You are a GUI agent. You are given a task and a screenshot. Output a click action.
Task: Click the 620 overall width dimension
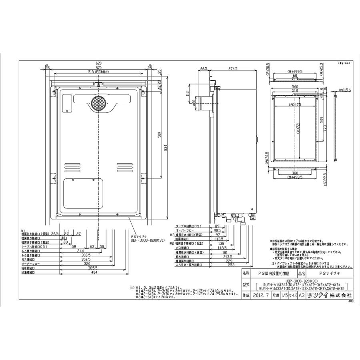click(99, 63)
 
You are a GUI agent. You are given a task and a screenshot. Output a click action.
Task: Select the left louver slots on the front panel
click(73, 166)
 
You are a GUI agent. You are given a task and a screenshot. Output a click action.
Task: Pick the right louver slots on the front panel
click(125, 166)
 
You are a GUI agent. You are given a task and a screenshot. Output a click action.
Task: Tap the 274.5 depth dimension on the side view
click(233, 69)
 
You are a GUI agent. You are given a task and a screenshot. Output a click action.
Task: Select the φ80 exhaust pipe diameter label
click(195, 105)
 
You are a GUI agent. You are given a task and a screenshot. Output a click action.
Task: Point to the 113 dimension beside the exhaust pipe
click(187, 94)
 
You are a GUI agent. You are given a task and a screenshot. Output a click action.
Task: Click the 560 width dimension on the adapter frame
click(295, 87)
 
